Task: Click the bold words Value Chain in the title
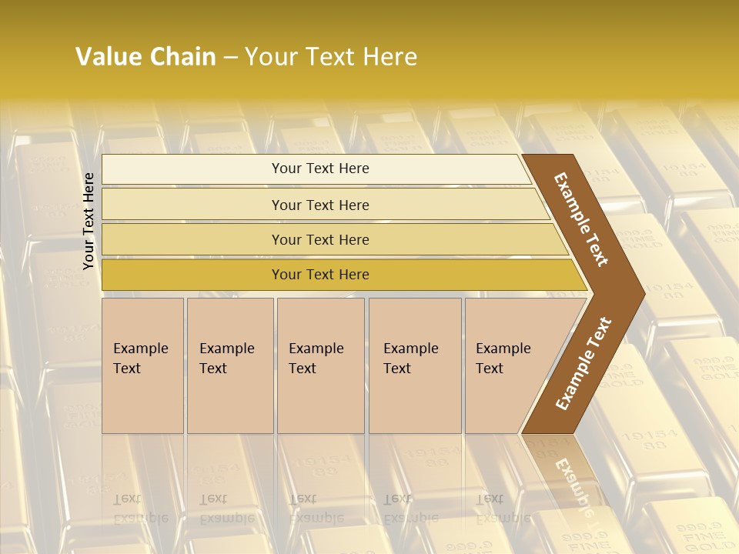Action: (145, 57)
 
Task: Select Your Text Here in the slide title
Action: (331, 57)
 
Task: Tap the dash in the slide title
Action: (230, 58)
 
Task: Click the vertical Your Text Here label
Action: (89, 221)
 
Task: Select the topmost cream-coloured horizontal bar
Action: (319, 169)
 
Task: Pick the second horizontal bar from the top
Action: (319, 205)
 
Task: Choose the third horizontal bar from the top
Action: (319, 239)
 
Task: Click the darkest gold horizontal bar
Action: (319, 275)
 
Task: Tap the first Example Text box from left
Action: (142, 365)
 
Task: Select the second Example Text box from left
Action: (229, 365)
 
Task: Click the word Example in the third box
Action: (316, 349)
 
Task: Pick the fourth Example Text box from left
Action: (414, 365)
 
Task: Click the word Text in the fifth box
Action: (490, 369)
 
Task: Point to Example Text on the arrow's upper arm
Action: (581, 219)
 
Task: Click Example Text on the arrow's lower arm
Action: (584, 363)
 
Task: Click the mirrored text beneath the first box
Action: (139, 508)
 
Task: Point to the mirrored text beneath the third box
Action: (315, 508)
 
